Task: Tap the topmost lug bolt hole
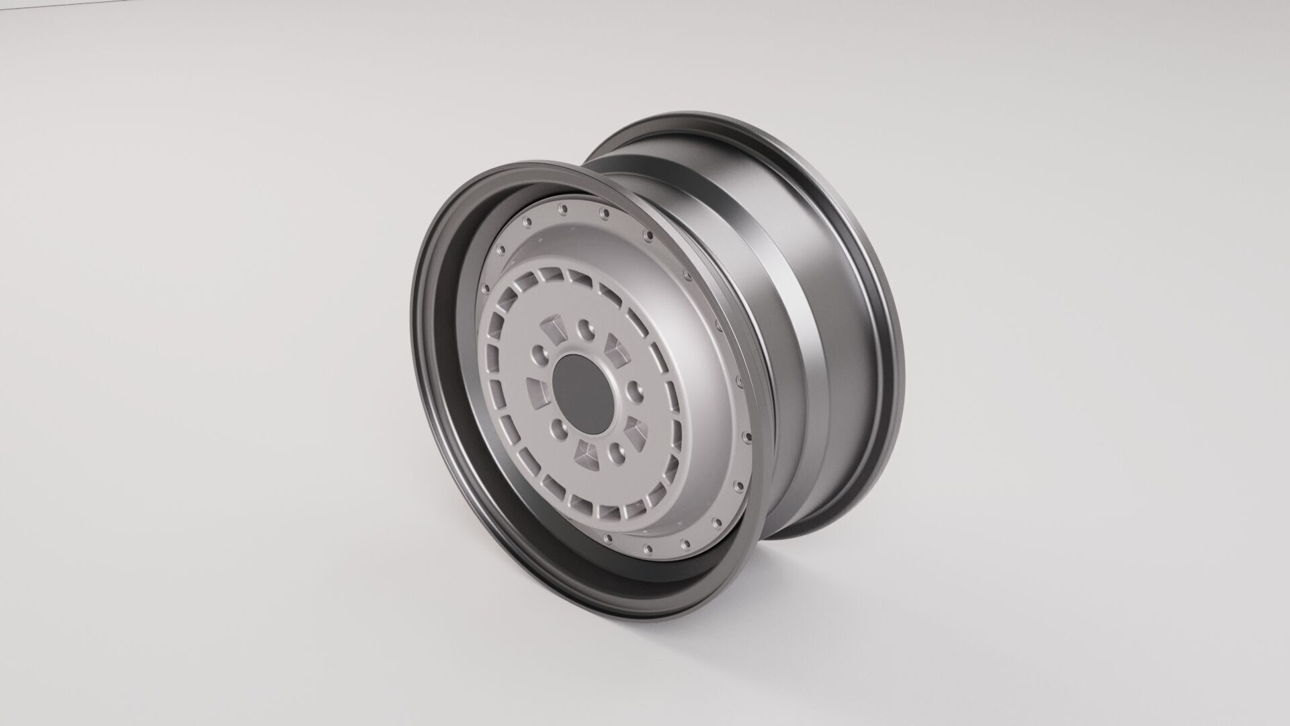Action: (x=586, y=330)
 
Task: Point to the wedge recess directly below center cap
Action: (x=587, y=455)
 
